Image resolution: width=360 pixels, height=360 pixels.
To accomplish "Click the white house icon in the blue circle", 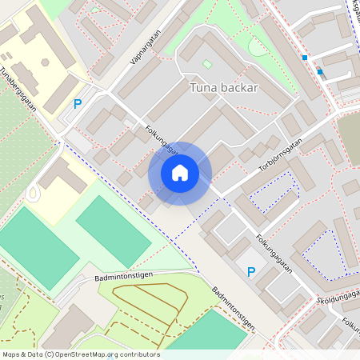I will tap(180, 173).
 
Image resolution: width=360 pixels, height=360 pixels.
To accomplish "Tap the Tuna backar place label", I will tap(223, 87).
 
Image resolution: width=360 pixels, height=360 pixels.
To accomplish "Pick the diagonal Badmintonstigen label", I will tap(234, 308).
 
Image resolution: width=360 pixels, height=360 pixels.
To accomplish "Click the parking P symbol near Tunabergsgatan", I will tap(78, 103).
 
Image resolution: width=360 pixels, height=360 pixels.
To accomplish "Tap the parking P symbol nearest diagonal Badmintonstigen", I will tap(250, 272).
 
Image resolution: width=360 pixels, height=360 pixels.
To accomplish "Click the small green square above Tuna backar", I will tap(207, 63).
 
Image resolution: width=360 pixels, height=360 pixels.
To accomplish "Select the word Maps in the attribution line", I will tap(12, 354).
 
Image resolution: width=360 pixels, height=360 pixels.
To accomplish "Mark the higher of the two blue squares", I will tap(305, 58).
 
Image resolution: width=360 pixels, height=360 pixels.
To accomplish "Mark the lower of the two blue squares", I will tap(320, 71).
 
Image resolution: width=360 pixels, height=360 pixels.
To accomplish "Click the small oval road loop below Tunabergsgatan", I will tap(34, 192).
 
